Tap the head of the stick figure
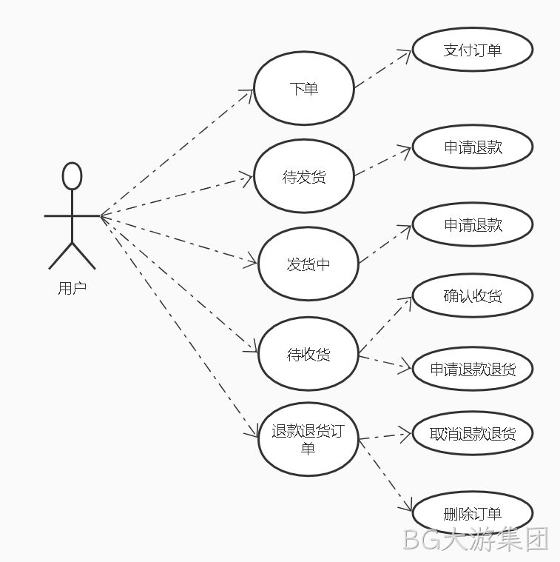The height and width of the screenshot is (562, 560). click(72, 176)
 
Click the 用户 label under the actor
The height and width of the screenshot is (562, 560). click(72, 288)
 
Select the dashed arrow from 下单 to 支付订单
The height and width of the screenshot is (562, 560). click(382, 69)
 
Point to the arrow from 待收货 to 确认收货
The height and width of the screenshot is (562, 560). click(385, 326)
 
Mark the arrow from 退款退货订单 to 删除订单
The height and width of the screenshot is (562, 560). click(385, 475)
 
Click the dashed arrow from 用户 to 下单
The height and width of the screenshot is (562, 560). click(177, 153)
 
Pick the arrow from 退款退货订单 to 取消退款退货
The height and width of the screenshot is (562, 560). click(385, 436)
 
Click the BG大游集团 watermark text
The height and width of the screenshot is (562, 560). click(476, 539)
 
